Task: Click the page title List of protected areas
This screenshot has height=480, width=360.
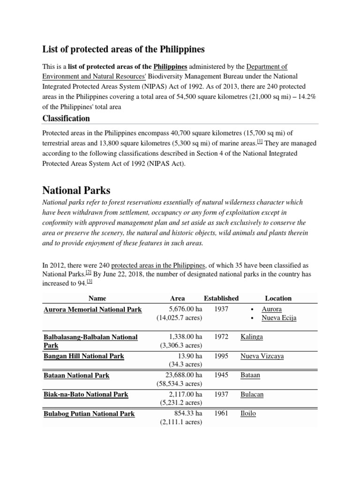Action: pos(124,49)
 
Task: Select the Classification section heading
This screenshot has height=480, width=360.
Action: pos(66,118)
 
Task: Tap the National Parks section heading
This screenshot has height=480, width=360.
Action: pos(76,190)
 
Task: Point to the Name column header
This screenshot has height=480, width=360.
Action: pos(97,298)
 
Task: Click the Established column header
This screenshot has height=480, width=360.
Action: pos(221,298)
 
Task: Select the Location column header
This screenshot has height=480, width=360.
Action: pos(278,298)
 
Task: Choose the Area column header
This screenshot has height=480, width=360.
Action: pos(177,298)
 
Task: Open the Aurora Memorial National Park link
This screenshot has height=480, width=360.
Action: pos(92,309)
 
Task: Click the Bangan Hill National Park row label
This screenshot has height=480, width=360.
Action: pos(83,356)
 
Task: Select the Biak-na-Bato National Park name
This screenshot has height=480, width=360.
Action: pos(85,394)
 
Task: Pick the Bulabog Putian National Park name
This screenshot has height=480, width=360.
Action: pos(89,413)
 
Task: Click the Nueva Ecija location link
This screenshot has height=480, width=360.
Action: pos(279,318)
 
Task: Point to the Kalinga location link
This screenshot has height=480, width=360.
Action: pos(251,337)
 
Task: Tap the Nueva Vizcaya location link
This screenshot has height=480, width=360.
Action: pos(262,356)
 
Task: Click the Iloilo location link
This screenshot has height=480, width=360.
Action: pos(248,413)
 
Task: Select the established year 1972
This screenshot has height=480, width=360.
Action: pos(221,337)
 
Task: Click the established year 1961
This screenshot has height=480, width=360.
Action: pos(221,413)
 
